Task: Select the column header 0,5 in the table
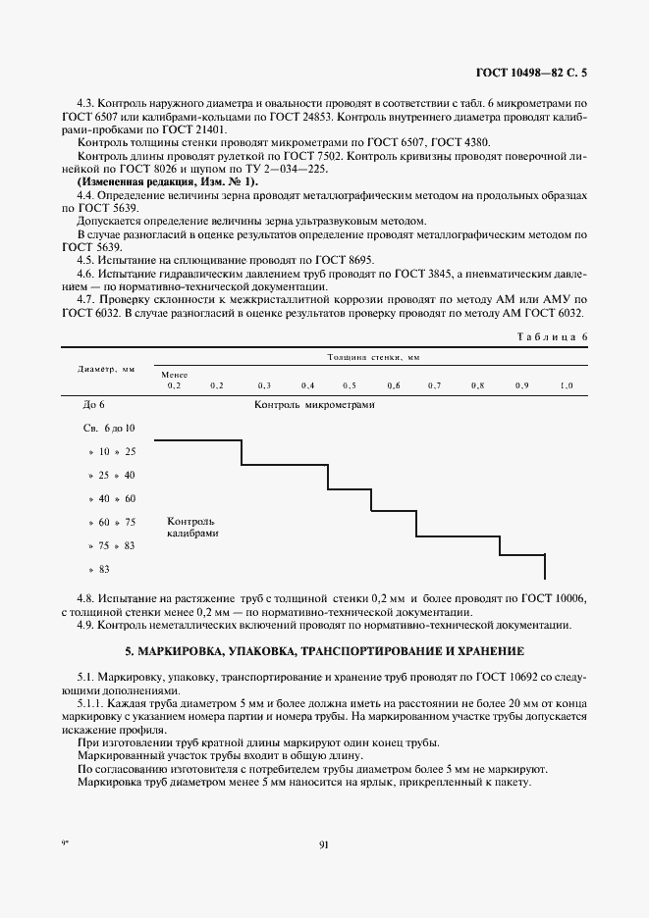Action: pos(349,385)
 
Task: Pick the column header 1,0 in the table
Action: pos(566,385)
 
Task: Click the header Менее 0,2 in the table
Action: pos(174,381)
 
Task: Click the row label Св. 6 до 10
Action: pos(109,428)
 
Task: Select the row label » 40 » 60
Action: pos(112,498)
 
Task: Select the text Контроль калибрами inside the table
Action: pos(191,528)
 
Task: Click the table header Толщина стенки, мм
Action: pos(373,360)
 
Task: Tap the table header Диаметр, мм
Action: pos(106,371)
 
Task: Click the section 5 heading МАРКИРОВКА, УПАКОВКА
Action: pos(324,650)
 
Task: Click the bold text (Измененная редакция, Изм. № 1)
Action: pos(166,182)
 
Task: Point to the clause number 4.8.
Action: pos(85,597)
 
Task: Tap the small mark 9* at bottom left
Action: pos(66,842)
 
